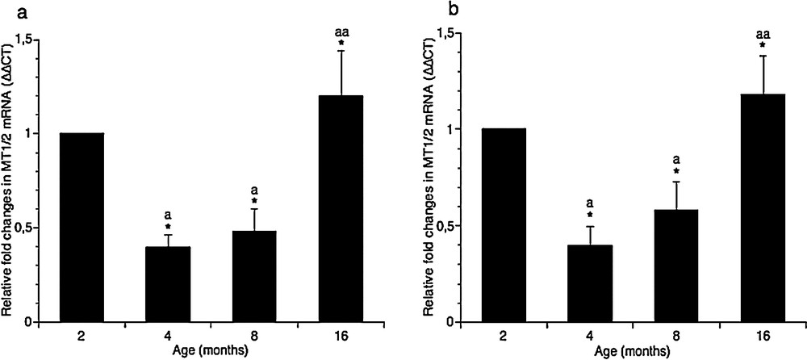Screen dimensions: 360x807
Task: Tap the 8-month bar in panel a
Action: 254,276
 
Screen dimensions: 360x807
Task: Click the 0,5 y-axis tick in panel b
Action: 443,225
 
